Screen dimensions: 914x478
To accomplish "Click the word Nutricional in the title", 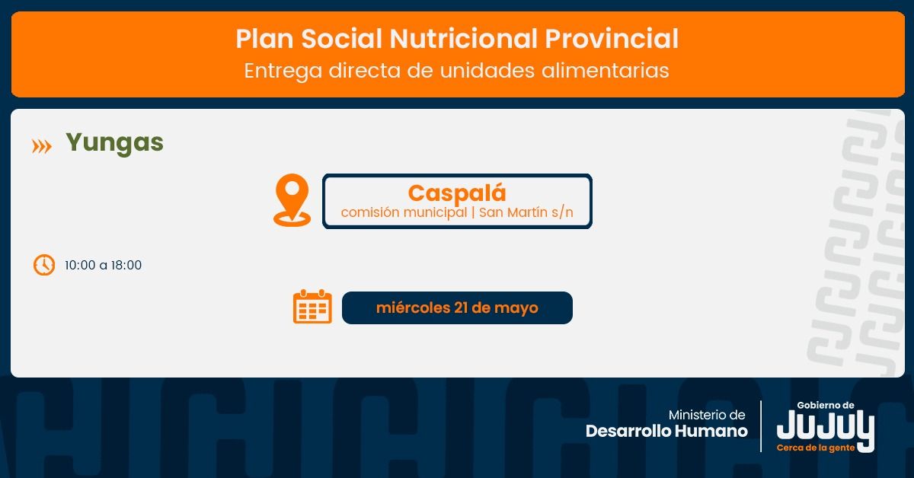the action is [463, 39].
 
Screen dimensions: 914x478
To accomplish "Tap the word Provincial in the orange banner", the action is [612, 39].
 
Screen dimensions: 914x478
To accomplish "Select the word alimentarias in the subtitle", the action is [605, 70].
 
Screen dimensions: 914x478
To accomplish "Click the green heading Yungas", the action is [115, 144].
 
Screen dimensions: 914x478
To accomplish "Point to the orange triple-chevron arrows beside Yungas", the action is [42, 146].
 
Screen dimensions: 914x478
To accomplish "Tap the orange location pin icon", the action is [292, 200].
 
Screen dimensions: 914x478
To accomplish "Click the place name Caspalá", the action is [457, 193].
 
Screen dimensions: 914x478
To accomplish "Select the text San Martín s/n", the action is [526, 212].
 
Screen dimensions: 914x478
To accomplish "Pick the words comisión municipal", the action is [404, 212].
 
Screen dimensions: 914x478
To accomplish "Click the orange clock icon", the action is [44, 265].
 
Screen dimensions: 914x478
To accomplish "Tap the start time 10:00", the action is [80, 265].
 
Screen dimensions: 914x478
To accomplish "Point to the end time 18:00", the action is [126, 265].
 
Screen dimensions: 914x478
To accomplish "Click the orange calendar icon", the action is [312, 307].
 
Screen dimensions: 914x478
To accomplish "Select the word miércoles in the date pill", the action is [413, 308].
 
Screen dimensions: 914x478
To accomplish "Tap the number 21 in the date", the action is [461, 308].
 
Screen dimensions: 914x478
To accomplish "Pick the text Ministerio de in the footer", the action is [707, 415].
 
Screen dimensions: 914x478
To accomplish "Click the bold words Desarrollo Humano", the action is [666, 431].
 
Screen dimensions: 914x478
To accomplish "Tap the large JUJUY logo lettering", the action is [826, 429].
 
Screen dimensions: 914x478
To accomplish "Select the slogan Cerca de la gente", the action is [816, 448].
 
